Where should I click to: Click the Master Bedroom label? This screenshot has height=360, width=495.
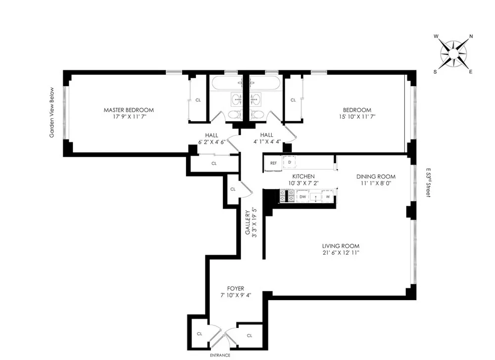(x=128, y=110)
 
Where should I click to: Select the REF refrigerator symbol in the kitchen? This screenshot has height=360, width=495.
(x=273, y=163)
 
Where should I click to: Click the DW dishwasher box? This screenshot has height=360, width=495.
(x=302, y=197)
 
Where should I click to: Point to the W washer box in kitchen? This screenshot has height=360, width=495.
(x=328, y=197)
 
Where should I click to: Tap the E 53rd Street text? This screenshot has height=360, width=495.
(x=428, y=182)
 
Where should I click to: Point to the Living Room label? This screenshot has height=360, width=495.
(x=340, y=246)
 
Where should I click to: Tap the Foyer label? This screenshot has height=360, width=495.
(x=236, y=288)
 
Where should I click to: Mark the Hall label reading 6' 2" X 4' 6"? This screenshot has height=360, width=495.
(x=212, y=141)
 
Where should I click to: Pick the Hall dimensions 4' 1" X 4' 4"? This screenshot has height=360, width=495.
(x=267, y=141)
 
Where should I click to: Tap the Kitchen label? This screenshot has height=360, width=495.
(x=303, y=177)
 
